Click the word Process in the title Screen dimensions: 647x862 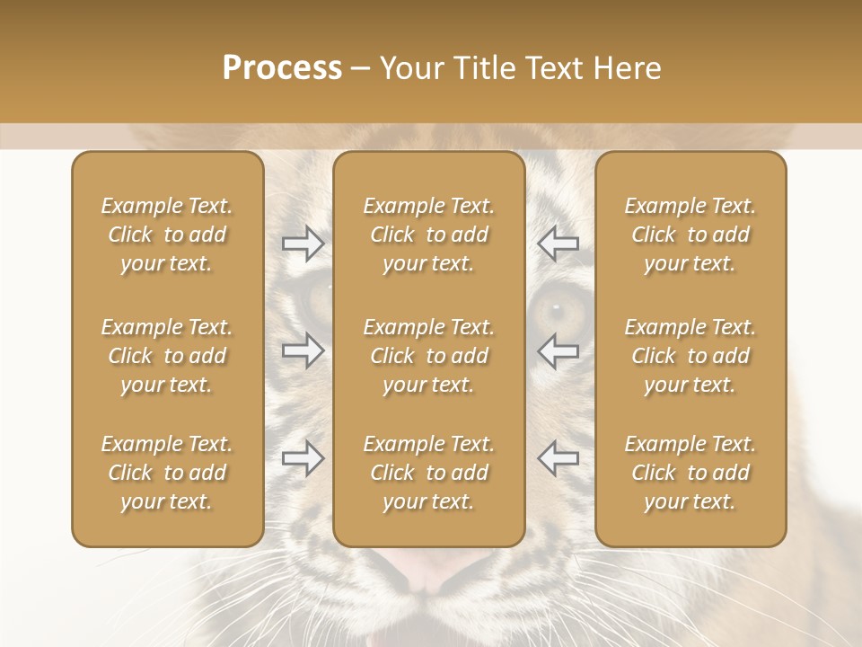(282, 68)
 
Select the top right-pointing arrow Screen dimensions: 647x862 (303, 244)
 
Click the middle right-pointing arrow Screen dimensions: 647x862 (303, 350)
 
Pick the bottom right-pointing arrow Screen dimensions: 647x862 (303, 458)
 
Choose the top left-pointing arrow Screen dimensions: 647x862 (558, 244)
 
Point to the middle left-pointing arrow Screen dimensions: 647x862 (558, 350)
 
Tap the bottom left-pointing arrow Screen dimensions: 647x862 (558, 458)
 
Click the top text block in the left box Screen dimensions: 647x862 (167, 235)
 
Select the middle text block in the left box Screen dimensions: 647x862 (167, 356)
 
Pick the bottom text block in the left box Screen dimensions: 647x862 (167, 473)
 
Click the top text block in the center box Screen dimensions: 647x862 (429, 235)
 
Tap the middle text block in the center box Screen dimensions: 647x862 (429, 356)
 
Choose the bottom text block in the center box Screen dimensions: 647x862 (429, 473)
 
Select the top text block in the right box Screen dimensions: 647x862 (690, 235)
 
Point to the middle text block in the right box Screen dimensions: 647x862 (690, 356)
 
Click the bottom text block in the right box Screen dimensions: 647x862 (690, 473)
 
